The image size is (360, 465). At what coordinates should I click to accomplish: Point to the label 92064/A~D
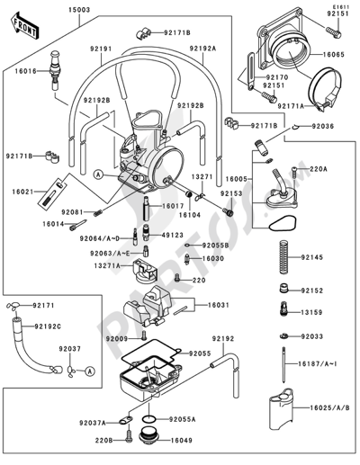(98, 239)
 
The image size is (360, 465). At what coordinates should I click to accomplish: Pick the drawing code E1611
(339, 6)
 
